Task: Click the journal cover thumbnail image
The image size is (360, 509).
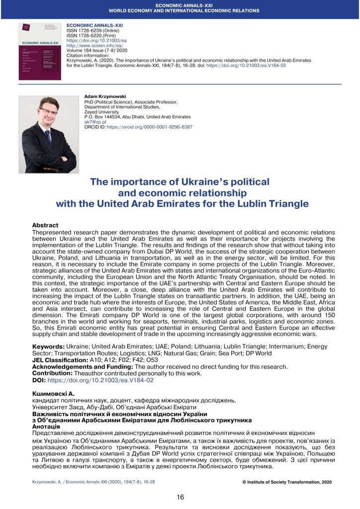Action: tap(39, 51)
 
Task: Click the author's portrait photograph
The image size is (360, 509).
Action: tap(48, 134)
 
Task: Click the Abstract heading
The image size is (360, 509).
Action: tap(45, 225)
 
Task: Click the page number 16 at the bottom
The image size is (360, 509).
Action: tap(180, 497)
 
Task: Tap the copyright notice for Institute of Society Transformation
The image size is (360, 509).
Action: tap(287, 482)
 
